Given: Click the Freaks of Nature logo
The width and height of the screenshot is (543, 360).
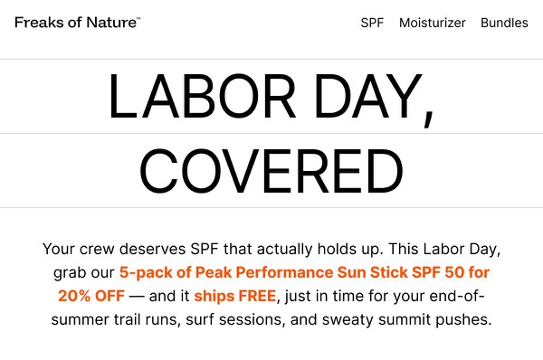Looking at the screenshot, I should (77, 23).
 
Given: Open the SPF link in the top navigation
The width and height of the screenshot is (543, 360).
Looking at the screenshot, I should (372, 23).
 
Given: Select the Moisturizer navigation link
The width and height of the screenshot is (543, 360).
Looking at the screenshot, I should (432, 23).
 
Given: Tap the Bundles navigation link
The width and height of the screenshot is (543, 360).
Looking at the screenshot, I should (504, 23).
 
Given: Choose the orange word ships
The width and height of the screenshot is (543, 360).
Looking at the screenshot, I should (214, 296).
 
